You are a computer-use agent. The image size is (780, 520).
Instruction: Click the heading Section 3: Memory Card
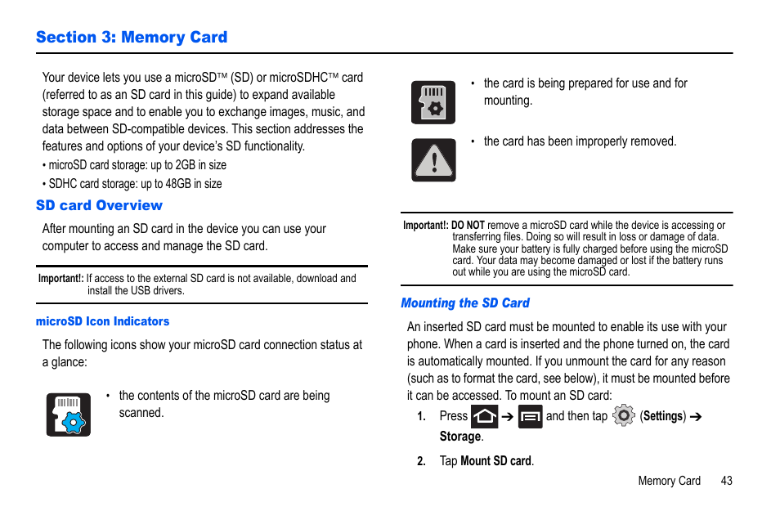pyautogui.click(x=132, y=38)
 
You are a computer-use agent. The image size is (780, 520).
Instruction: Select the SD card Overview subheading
pyautogui.click(x=99, y=205)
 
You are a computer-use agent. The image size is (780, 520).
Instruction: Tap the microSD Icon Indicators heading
pyautogui.click(x=103, y=321)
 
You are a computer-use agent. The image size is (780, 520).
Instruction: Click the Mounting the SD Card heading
pyautogui.click(x=465, y=303)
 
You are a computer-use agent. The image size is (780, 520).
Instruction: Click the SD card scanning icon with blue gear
pyautogui.click(x=69, y=415)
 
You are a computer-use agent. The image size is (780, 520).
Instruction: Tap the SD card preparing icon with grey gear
pyautogui.click(x=433, y=102)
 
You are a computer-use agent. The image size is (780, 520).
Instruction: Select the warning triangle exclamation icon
pyautogui.click(x=433, y=159)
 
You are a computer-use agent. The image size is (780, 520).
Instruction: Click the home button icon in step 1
pyautogui.click(x=485, y=417)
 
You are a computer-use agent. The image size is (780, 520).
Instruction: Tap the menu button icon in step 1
pyautogui.click(x=530, y=417)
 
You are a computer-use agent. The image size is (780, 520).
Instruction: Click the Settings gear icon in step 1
pyautogui.click(x=623, y=416)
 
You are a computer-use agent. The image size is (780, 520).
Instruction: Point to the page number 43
pyautogui.click(x=727, y=481)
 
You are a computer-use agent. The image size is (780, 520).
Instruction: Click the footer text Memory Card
pyautogui.click(x=669, y=481)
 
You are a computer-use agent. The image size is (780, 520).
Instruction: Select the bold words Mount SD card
pyautogui.click(x=496, y=461)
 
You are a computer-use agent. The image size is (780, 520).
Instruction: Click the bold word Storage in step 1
pyautogui.click(x=460, y=437)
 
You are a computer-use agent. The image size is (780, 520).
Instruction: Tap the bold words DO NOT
pyautogui.click(x=468, y=226)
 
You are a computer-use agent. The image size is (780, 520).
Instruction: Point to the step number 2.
pyautogui.click(x=422, y=461)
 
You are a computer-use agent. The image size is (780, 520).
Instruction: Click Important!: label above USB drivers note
pyautogui.click(x=61, y=278)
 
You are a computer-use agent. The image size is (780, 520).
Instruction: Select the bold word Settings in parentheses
pyautogui.click(x=663, y=416)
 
